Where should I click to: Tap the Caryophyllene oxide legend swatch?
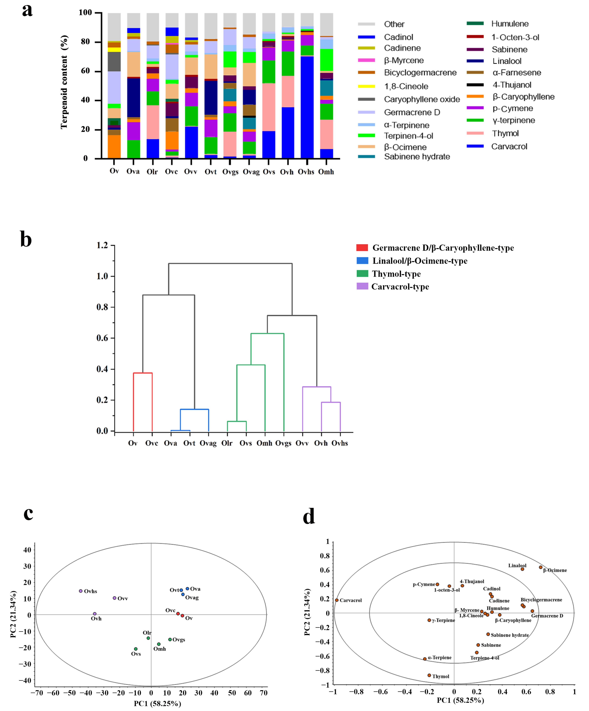(x=367, y=99)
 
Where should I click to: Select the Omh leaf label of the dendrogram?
(x=264, y=443)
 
